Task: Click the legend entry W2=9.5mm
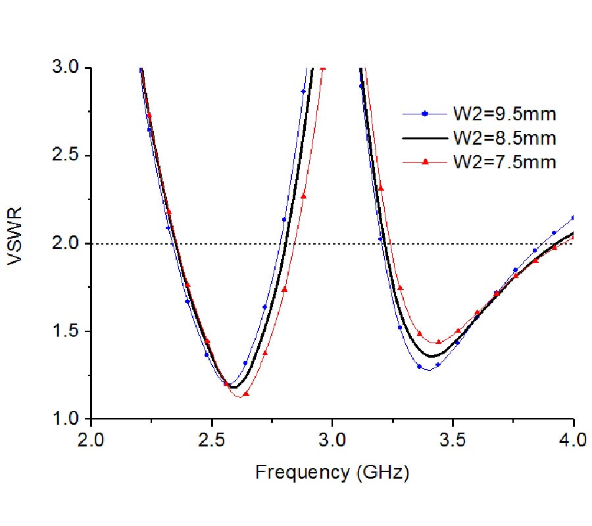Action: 504,114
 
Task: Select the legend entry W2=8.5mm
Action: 504,138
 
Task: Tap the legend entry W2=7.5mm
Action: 504,162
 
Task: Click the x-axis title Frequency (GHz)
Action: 332,472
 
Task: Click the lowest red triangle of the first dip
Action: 246,394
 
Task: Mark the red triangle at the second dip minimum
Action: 439,342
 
